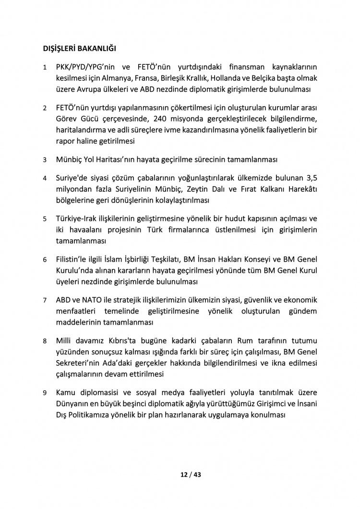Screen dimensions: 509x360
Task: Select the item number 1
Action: point(44,68)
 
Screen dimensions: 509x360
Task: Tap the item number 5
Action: point(44,218)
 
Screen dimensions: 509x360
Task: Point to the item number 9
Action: point(44,392)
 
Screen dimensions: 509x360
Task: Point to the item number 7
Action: point(44,300)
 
